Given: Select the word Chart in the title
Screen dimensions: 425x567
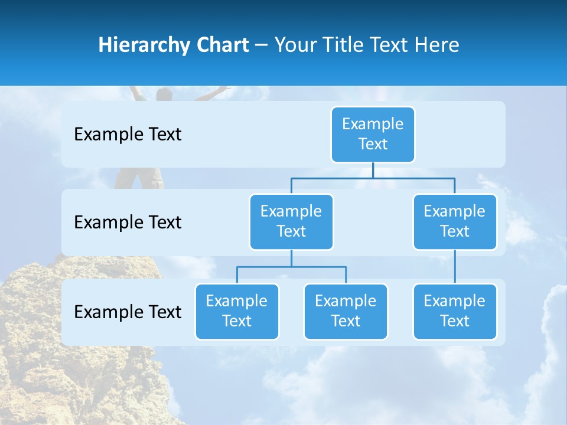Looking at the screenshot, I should point(221,45).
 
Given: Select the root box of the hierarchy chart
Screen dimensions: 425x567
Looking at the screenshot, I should point(373,135).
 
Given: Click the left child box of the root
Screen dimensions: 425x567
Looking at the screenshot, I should point(291,222).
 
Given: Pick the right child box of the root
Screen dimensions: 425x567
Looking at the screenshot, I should point(455,222).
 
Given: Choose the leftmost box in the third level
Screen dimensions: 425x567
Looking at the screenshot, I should point(237,312).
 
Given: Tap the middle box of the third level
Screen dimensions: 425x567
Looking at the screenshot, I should point(346,312).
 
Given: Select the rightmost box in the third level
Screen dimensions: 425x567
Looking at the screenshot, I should point(455,312).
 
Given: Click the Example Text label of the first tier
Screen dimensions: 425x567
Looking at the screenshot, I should point(128,135).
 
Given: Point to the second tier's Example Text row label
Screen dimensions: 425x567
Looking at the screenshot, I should point(128,223).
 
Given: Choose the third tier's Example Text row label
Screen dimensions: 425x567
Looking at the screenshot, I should point(128,312).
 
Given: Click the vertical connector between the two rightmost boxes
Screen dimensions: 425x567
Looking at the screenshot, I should point(455,267).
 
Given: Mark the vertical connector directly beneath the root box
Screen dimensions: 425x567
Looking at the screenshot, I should point(373,170).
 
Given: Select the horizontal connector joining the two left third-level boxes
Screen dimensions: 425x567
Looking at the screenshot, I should point(291,267).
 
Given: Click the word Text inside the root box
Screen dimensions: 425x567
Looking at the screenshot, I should point(373,145).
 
